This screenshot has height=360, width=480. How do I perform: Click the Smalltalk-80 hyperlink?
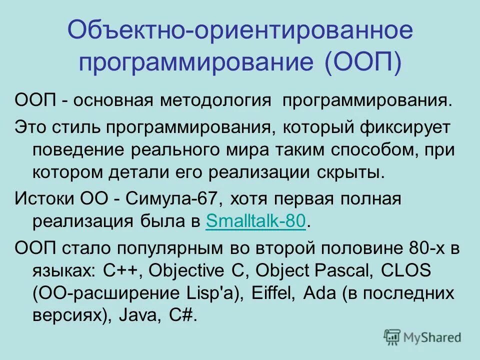coord(255,221)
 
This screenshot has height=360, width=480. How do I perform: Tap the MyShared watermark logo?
coord(422,336)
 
